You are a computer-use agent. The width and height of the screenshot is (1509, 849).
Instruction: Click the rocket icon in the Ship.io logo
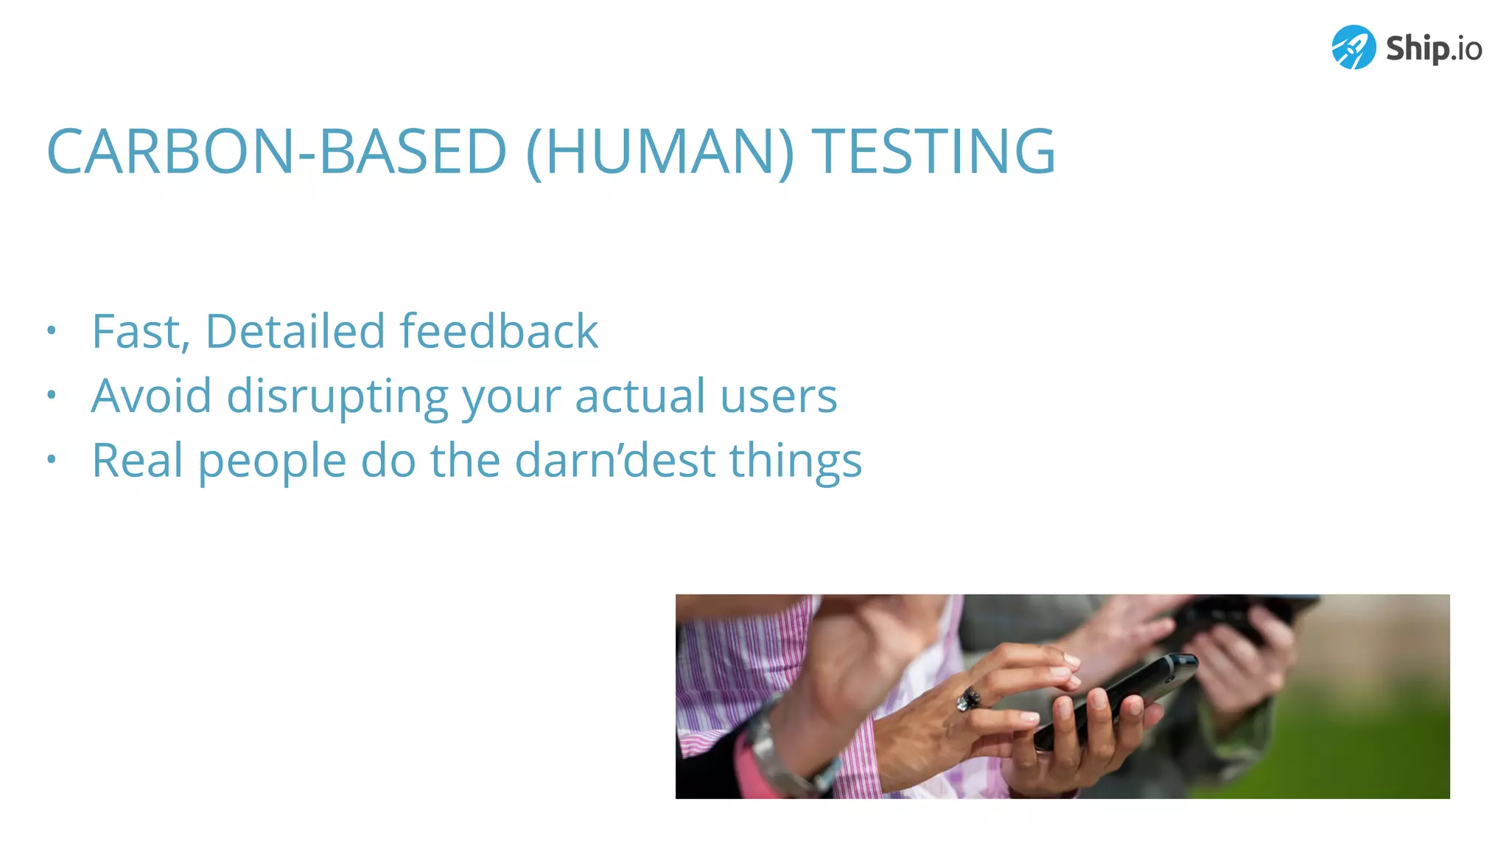[1353, 47]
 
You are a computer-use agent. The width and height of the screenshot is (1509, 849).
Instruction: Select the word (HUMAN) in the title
[659, 152]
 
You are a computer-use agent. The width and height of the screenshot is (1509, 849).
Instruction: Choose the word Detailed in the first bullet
[294, 331]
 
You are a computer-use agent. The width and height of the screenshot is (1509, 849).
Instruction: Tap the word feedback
[498, 331]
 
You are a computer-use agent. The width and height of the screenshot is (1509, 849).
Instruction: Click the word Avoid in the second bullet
[151, 396]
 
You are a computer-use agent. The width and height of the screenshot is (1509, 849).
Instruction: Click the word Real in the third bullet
[137, 461]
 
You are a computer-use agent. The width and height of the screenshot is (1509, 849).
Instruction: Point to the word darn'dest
[615, 461]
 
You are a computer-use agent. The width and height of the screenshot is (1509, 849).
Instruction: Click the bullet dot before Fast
[51, 330]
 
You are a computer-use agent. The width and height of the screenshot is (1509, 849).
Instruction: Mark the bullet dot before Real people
[51, 460]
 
